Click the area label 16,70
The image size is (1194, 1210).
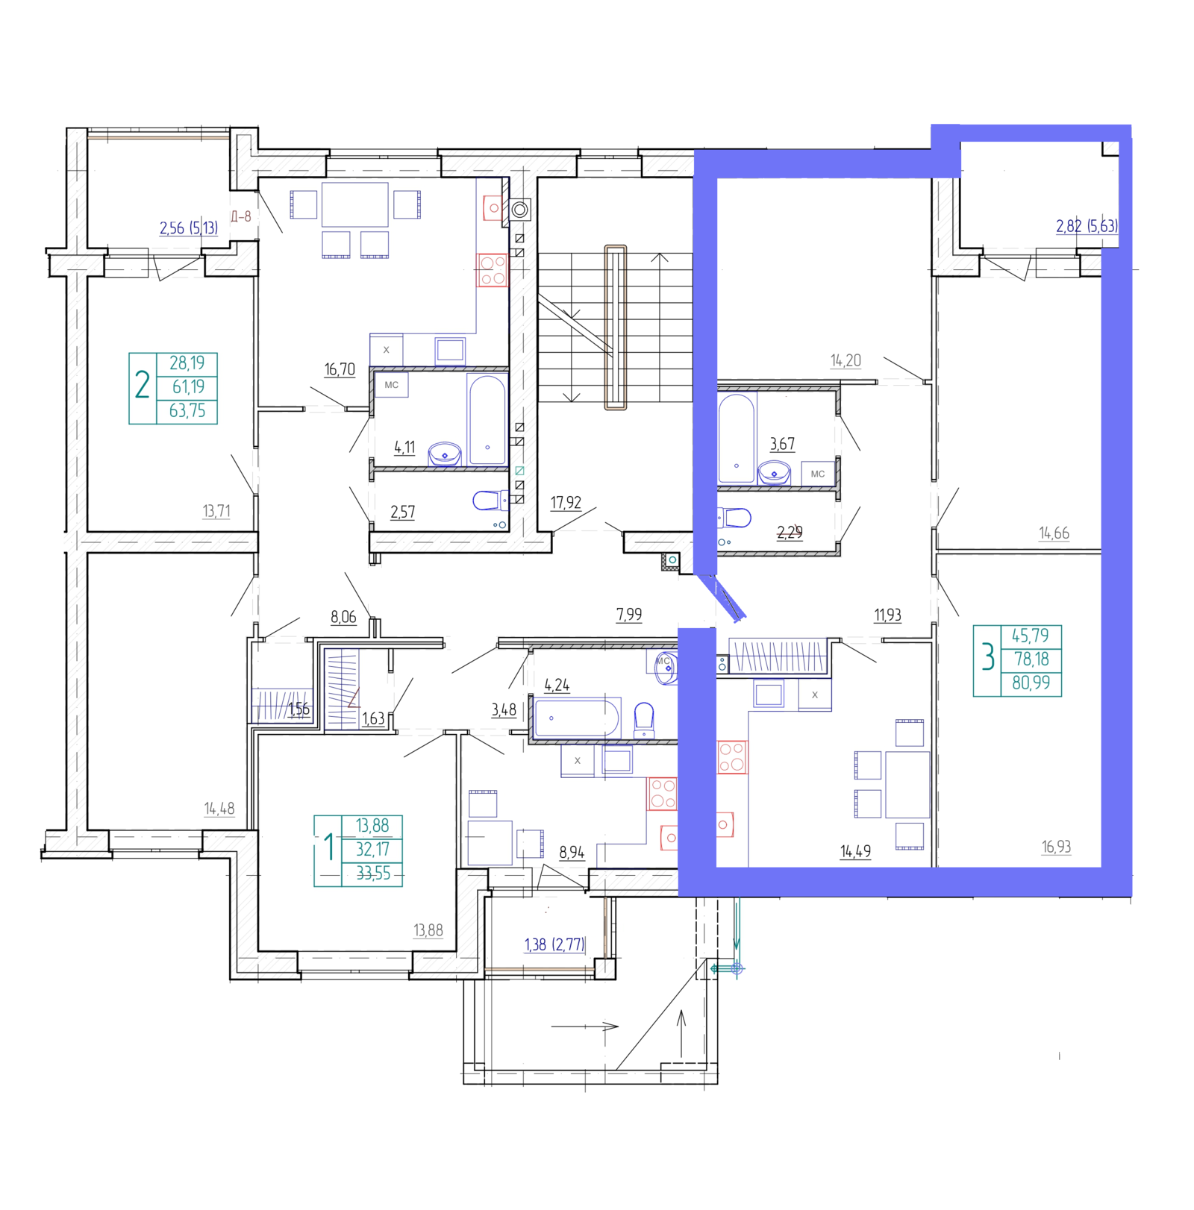340,369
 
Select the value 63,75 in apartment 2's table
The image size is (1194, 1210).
187,411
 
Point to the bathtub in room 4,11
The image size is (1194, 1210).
487,420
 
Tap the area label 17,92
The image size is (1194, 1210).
566,503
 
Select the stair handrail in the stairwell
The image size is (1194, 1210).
616,328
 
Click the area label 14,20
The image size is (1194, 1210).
846,360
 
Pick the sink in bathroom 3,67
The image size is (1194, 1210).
774,473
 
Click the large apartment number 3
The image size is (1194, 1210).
988,658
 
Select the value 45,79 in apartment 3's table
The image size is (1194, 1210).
1031,636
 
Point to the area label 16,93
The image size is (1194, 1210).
1056,847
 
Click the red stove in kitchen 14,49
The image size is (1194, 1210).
732,757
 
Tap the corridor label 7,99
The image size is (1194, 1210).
629,615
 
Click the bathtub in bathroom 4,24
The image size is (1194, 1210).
577,718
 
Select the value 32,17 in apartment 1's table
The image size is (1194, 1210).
372,850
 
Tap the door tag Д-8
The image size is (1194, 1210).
241,217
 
